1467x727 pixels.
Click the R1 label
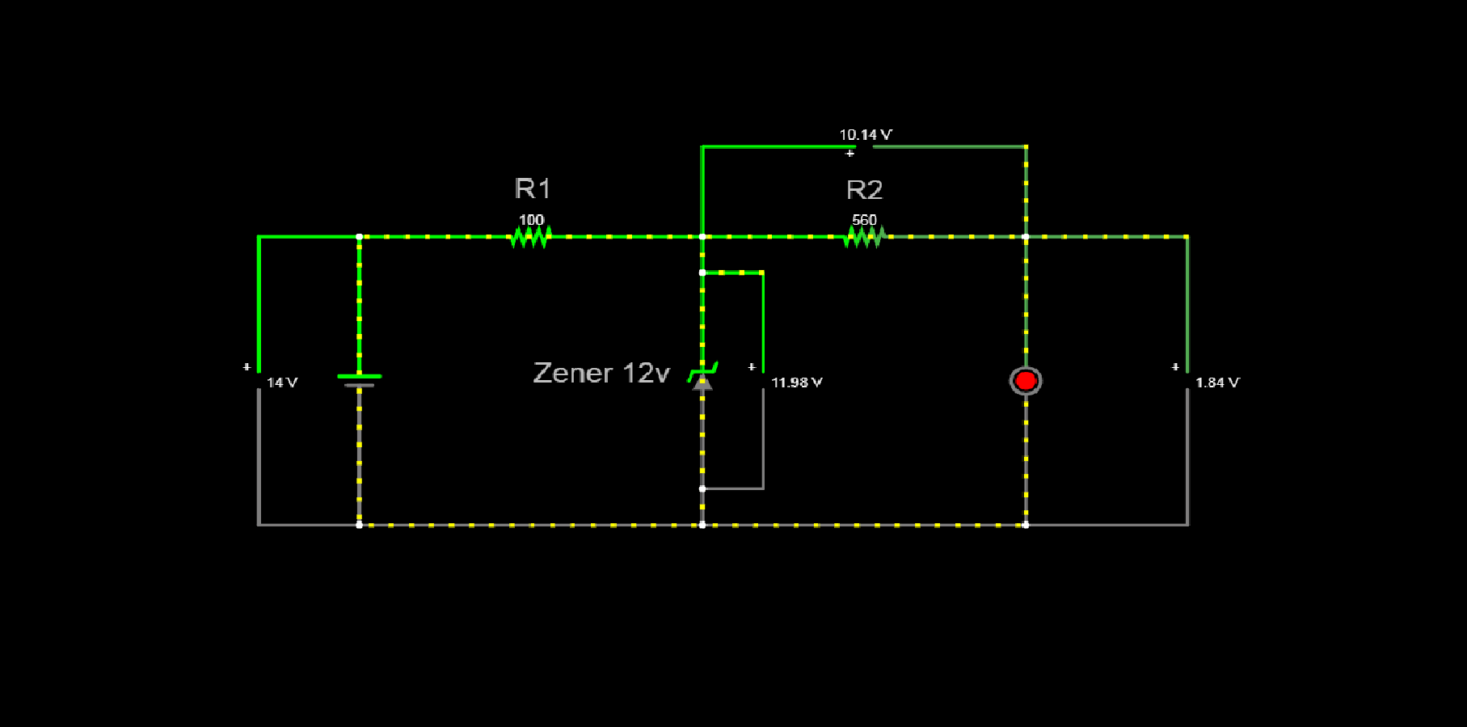532,189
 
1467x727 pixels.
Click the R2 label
864,190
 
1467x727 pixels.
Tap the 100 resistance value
531,220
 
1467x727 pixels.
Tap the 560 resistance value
864,220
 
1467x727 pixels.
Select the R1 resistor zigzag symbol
531,237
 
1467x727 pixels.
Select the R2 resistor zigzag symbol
864,237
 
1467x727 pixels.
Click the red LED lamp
1026,381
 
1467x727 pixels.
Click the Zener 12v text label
601,373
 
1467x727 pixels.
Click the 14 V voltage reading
282,383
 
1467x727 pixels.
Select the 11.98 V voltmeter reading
796,383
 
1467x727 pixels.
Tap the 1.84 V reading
1217,383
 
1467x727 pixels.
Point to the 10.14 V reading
865,135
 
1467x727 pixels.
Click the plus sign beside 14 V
247,367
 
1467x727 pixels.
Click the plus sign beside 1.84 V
1175,367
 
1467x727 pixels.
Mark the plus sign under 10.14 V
849,153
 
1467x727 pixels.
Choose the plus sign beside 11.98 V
752,367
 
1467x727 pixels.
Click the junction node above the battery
359,237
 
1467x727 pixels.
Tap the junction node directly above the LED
1026,237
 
